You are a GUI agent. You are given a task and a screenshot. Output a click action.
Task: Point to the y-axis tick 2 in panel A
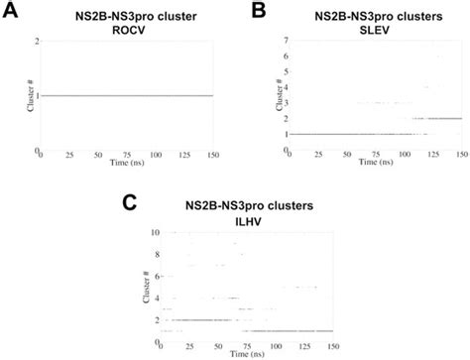click(x=36, y=41)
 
